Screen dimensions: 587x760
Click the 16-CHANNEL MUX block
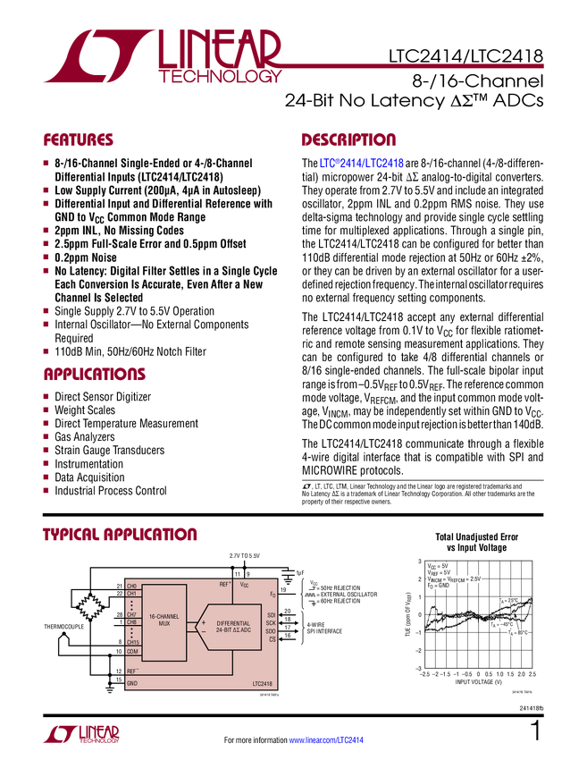[164, 619]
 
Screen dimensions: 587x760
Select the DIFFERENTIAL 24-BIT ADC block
[233, 626]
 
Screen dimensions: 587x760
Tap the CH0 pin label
[132, 586]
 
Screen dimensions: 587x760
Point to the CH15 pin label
[132, 642]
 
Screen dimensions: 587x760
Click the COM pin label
[132, 651]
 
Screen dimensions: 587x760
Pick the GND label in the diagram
[132, 683]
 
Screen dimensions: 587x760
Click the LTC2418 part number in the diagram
[264, 683]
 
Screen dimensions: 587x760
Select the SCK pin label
[271, 623]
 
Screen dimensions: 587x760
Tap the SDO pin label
[271, 631]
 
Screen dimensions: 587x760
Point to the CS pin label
[273, 639]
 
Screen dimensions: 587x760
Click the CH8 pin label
[132, 622]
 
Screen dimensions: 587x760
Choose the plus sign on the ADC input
[203, 621]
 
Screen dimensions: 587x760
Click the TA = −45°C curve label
[501, 624]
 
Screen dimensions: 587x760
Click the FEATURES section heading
[79, 140]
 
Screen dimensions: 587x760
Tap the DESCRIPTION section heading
[349, 140]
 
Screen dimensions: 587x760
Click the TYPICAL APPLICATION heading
[121, 535]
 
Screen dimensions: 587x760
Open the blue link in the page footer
[328, 739]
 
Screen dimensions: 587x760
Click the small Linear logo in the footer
[80, 734]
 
